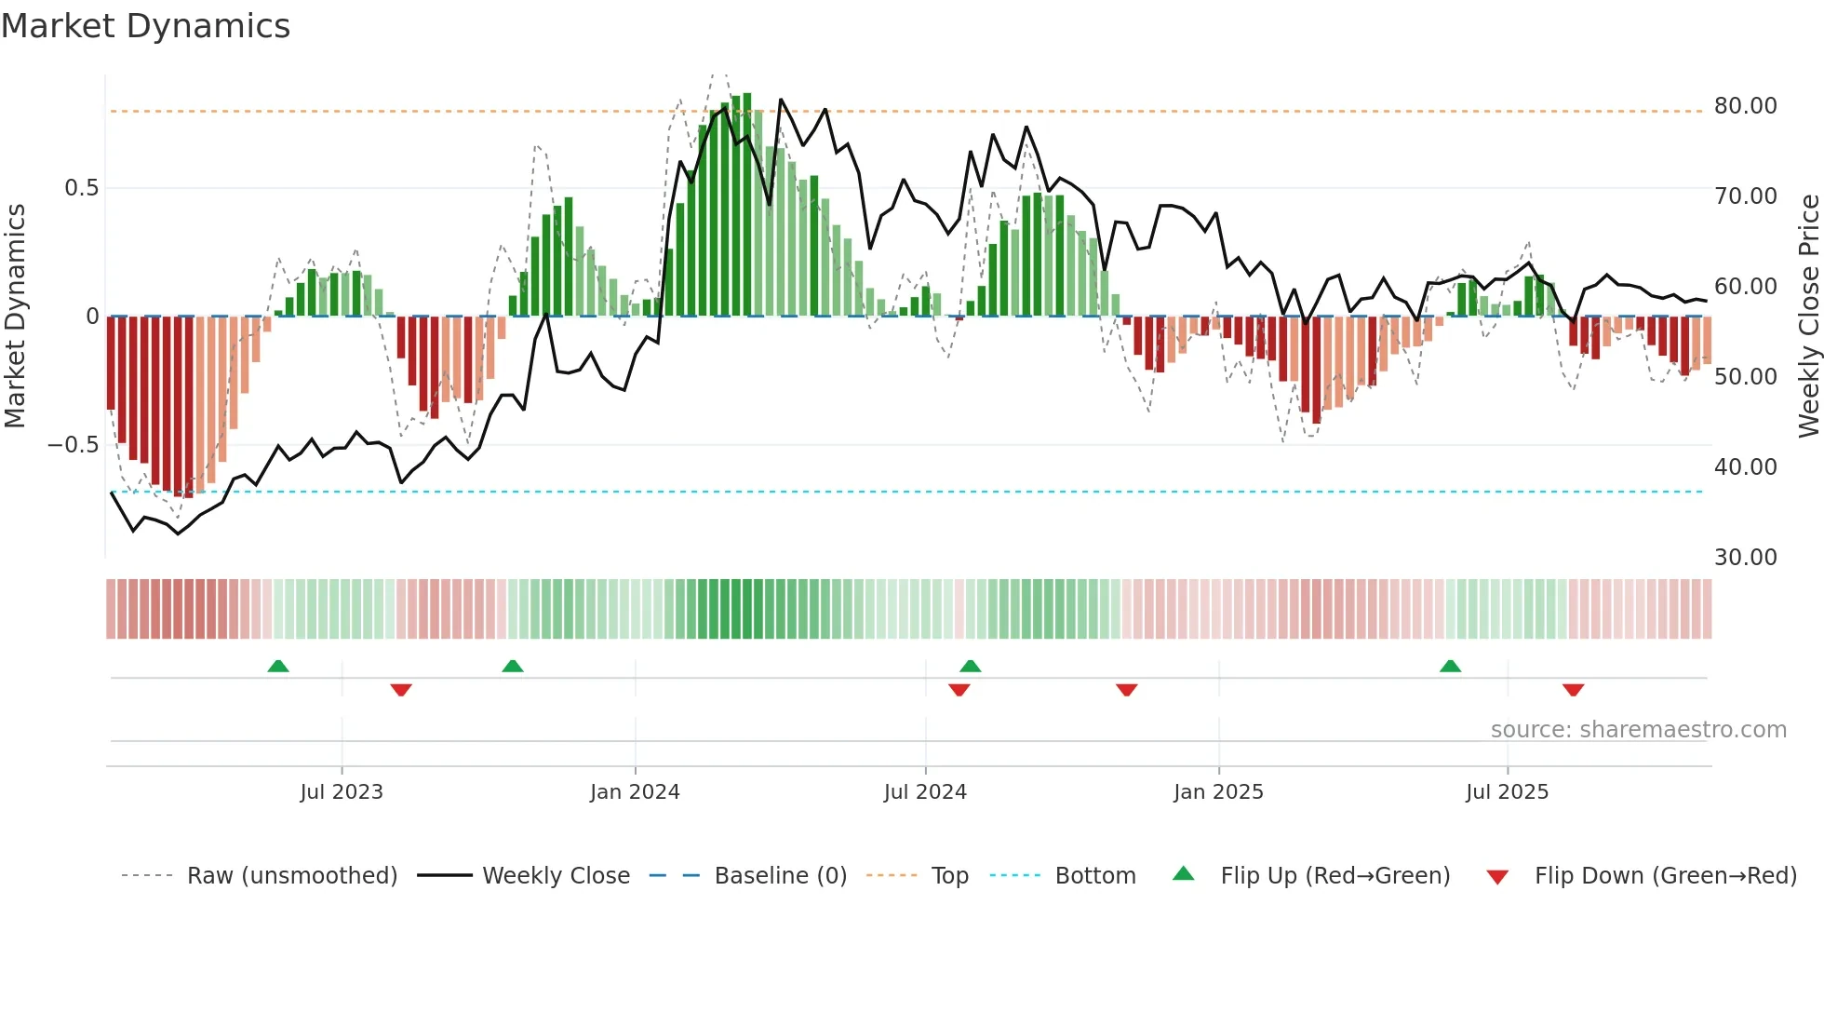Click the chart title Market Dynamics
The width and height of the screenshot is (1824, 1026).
(x=146, y=26)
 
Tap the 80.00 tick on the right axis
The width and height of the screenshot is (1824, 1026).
(x=1745, y=106)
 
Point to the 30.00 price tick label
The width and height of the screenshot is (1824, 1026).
(x=1745, y=558)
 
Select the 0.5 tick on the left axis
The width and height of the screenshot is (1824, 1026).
(x=81, y=188)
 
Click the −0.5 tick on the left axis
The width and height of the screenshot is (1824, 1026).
(x=74, y=445)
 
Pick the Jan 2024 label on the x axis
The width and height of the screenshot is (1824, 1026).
(x=635, y=792)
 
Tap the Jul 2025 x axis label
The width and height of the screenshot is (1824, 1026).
(x=1507, y=792)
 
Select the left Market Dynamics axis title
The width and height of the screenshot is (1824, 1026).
(x=15, y=317)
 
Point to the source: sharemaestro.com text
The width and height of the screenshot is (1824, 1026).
(x=1638, y=730)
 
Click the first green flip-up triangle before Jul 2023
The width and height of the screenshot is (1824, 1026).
(x=278, y=667)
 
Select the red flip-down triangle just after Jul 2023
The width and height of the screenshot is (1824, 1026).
(x=401, y=690)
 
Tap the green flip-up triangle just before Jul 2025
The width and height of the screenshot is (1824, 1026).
(x=1450, y=667)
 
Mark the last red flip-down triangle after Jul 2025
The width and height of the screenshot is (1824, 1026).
(x=1573, y=690)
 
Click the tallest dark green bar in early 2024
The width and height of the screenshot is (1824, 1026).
(x=747, y=205)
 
